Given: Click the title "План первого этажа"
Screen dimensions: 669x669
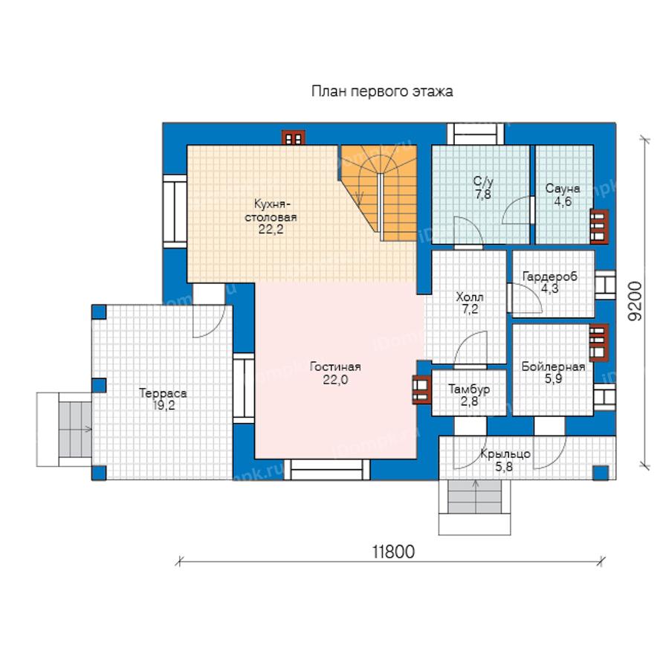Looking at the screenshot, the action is pos(382,91).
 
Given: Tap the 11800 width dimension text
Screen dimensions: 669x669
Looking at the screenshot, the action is pos(393,552).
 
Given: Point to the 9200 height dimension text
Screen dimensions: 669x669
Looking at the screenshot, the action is pos(635,301).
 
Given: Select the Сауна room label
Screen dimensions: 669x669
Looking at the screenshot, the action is pos(563,195).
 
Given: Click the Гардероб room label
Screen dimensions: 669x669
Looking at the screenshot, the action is pos(550,282).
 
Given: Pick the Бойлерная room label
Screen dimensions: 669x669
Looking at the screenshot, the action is pos(553,372).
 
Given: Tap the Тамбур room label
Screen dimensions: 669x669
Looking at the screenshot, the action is pos(469,395).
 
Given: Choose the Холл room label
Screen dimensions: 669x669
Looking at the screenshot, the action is pos(470,303).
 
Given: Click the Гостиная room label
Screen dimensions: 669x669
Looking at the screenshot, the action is pos(335,373).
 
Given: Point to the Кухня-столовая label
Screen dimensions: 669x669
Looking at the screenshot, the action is pos(271,216).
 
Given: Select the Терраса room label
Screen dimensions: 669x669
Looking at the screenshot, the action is pos(163,399).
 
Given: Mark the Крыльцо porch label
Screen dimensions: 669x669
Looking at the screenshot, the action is pos(505,460).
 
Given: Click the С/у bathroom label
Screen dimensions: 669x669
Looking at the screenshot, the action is pos(483,188).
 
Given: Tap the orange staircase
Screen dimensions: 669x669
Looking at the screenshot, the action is pos(378,193).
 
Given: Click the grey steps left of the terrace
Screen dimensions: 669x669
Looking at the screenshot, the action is pos(75,429).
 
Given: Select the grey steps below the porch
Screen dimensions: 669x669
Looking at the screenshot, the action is pos(475,497).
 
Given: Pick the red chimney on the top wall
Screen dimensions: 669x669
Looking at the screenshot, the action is pos(293,138).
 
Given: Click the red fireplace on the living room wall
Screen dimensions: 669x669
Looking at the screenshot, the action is pos(421,390).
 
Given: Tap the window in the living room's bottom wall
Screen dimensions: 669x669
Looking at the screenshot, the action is pos(327,470).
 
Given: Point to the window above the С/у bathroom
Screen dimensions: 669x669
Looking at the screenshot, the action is pos(476,134).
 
